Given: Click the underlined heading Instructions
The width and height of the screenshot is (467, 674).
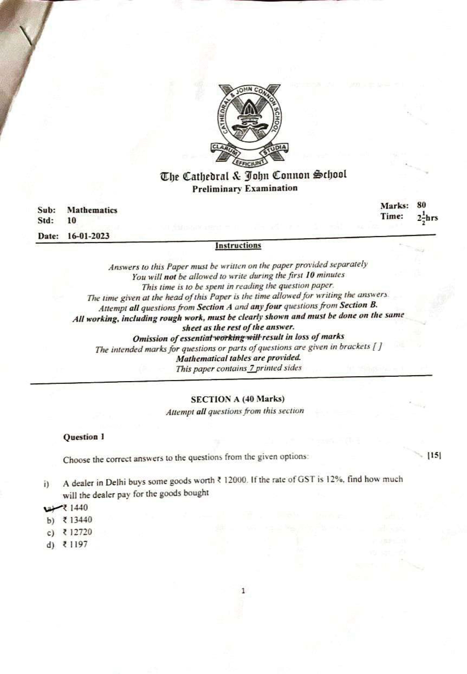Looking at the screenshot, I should pyautogui.click(x=238, y=246).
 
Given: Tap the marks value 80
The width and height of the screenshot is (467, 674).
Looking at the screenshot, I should pyautogui.click(x=421, y=205).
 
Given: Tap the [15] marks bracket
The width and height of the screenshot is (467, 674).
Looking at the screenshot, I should pyautogui.click(x=434, y=456).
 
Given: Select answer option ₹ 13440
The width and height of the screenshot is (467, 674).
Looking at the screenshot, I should pyautogui.click(x=77, y=520).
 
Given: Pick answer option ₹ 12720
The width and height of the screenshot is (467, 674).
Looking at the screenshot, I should pyautogui.click(x=77, y=532).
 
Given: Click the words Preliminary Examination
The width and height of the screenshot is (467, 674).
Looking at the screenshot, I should pyautogui.click(x=245, y=189).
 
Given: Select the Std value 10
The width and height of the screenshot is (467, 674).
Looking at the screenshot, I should pyautogui.click(x=71, y=221).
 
